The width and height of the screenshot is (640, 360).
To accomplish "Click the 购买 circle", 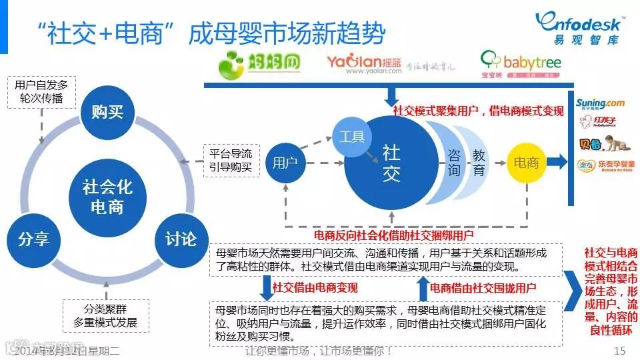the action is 107,111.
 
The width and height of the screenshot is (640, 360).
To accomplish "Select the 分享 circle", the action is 33,239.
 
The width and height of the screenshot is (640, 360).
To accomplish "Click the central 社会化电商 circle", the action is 107,196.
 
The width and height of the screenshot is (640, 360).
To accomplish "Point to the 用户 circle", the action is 285,161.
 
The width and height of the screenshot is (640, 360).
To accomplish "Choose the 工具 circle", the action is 352,137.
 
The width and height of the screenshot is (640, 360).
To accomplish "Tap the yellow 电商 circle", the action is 527,162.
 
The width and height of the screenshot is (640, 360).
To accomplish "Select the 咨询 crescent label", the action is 454,162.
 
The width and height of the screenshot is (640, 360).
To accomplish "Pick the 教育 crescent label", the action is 479,162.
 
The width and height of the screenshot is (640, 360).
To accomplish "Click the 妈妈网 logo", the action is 260,63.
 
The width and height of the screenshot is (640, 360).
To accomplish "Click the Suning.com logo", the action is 601,103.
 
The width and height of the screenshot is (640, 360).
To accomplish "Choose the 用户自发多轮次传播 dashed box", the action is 41,92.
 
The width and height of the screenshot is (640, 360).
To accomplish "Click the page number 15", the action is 619,351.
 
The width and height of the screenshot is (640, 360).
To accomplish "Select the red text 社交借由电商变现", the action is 315,288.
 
